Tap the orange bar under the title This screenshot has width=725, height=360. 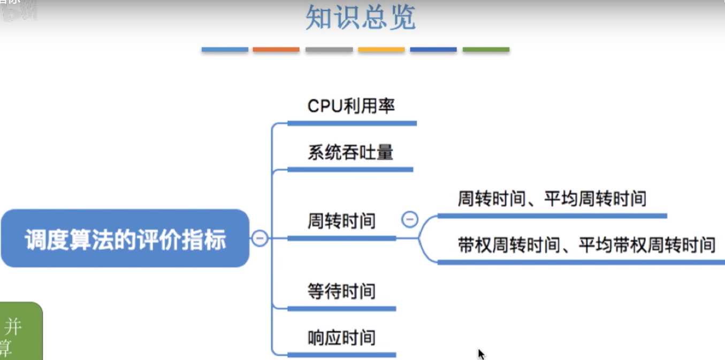276,50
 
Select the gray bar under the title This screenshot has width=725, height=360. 329,50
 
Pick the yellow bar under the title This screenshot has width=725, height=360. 381,50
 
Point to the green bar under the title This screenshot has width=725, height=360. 486,50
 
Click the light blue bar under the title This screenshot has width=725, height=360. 225,50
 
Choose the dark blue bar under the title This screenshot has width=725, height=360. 433,50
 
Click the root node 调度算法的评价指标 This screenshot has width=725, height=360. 125,239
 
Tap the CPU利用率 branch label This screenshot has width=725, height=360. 351,106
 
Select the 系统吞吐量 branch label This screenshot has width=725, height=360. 350,153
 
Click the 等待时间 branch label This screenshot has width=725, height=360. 341,291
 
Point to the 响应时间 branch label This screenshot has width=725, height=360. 341,338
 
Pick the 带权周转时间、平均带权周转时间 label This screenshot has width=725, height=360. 586,245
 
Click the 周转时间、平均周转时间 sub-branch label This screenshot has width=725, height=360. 552,199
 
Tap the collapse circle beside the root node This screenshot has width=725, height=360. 260,238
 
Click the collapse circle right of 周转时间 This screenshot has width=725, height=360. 410,219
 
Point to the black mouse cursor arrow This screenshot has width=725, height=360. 480,353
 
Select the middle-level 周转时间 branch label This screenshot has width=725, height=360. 341,220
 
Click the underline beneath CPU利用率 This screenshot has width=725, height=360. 352,124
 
